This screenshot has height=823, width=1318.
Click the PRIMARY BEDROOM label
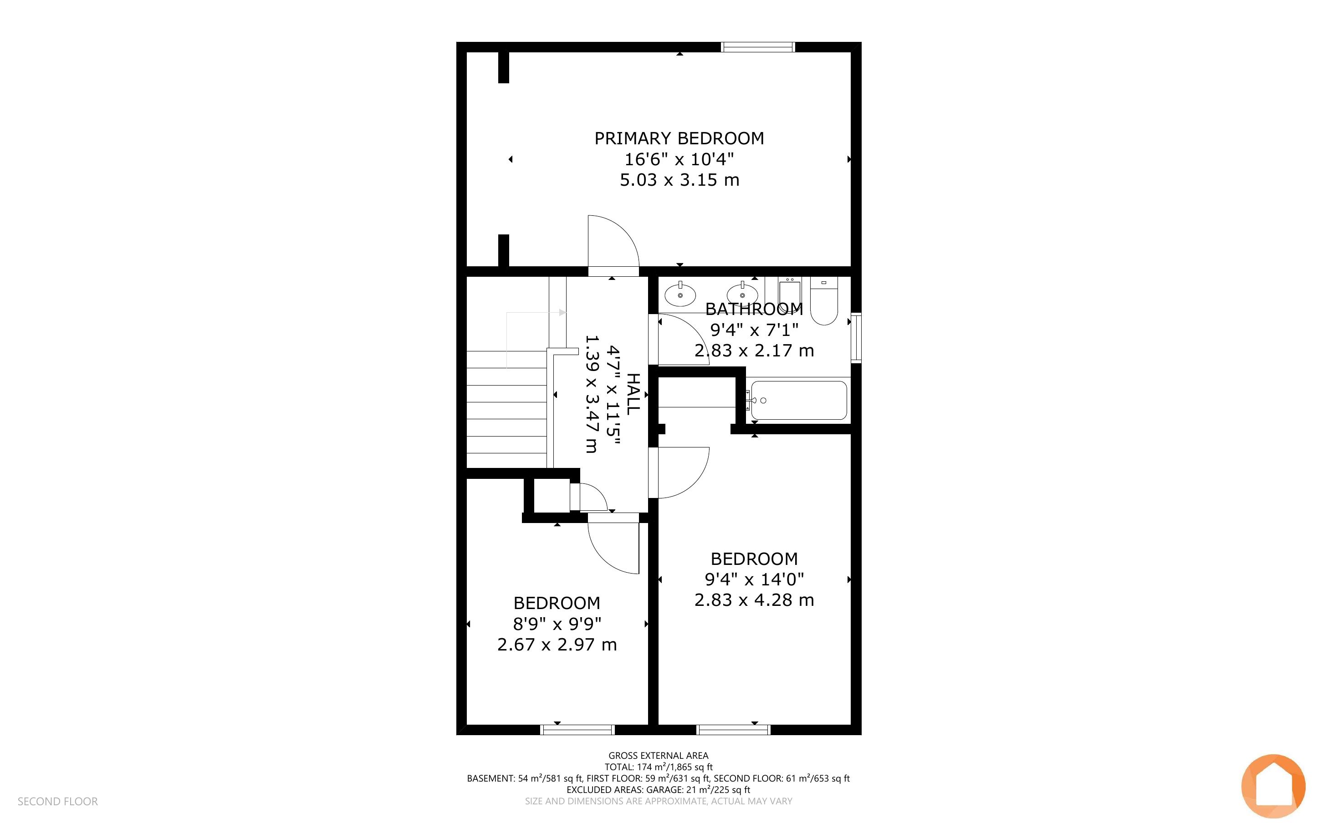click(x=679, y=138)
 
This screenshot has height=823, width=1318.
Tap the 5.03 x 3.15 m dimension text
click(x=679, y=180)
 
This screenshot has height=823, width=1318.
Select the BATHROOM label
click(x=754, y=309)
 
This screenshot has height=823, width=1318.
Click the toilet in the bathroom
click(x=824, y=301)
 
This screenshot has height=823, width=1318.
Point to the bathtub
click(x=799, y=400)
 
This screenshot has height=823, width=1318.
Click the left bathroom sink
click(x=680, y=295)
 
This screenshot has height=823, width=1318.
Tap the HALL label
click(x=633, y=394)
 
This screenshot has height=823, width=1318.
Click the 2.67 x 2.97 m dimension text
click(x=557, y=645)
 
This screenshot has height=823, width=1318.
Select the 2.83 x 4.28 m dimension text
click(x=754, y=600)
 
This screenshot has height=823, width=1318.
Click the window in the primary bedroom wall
click(x=758, y=47)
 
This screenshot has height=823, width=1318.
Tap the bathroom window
click(x=856, y=337)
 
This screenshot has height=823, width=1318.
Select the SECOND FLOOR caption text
click(x=58, y=801)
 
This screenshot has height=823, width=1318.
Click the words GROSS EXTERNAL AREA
click(x=658, y=756)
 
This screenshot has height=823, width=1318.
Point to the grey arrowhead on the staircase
click(x=563, y=312)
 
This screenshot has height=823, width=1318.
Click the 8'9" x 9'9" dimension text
click(x=557, y=624)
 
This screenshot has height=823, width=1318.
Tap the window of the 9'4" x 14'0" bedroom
click(x=734, y=730)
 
